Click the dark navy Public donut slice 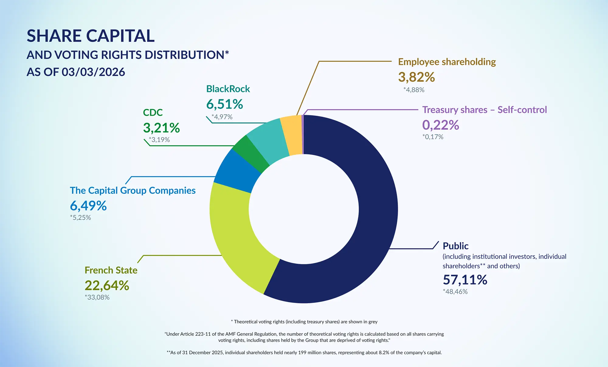coord(377,213)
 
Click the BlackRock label coord(228,89)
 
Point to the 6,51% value coord(225,104)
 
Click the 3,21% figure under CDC coord(161,128)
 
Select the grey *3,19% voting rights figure coord(159,140)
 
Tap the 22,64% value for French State coord(107,286)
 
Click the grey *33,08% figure coord(97,297)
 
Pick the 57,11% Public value coord(465,280)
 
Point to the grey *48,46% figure coord(455,292)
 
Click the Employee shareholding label coord(447,62)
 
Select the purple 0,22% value coord(440,125)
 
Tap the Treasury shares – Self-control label coord(485,110)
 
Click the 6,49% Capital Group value coord(88,206)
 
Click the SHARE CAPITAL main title coord(91,36)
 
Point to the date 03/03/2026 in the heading coord(93,72)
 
